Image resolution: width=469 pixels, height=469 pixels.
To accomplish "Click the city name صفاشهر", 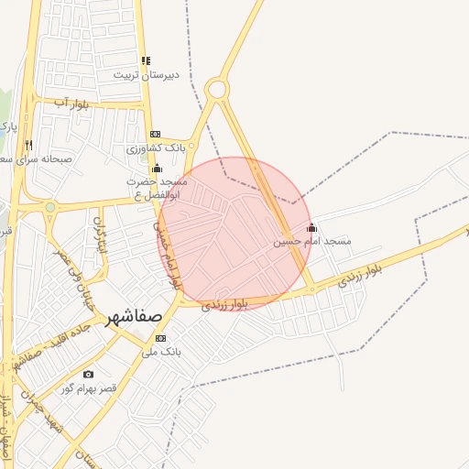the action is point(134,317).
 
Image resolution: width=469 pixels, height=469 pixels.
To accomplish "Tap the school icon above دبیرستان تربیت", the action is point(147,60).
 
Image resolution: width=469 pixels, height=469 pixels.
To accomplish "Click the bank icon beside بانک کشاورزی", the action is point(155,134).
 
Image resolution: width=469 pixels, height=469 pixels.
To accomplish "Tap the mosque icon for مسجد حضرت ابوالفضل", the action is point(157,168).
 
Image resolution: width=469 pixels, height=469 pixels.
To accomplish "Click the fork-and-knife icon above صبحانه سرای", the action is point(29,144).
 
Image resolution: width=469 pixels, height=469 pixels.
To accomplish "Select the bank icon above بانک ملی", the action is point(161,338).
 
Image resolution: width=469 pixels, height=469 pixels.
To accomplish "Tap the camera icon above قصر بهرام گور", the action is point(88,374).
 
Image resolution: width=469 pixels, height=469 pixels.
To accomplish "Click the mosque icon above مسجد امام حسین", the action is point(311,227).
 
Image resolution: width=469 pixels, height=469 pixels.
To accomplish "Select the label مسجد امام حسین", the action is point(312,241).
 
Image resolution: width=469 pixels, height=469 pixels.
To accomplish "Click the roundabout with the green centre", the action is point(49,207).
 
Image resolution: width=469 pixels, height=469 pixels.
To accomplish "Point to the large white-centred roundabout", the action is point(217,89).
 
